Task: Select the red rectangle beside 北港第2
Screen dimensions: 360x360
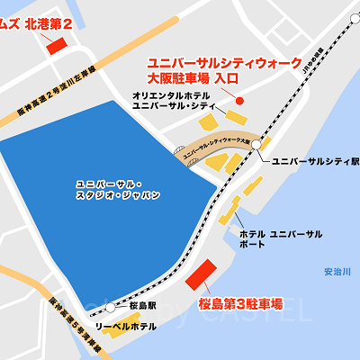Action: [x=56, y=44]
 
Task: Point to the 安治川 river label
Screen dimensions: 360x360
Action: [x=337, y=271]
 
